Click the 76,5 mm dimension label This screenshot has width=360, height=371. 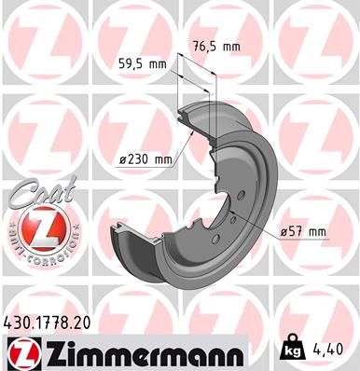[216, 47]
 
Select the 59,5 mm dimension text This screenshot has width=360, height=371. [143, 64]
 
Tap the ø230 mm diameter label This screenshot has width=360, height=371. [145, 159]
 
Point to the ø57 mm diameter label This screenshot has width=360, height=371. [303, 232]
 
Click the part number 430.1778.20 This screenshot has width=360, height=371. [47, 323]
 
